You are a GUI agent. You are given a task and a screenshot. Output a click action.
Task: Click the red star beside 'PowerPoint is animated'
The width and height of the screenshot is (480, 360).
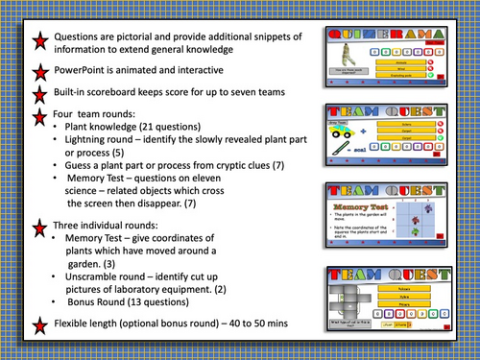pyautogui.click(x=40, y=73)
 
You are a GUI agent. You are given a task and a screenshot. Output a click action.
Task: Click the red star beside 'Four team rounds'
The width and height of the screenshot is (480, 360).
pyautogui.click(x=40, y=117)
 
